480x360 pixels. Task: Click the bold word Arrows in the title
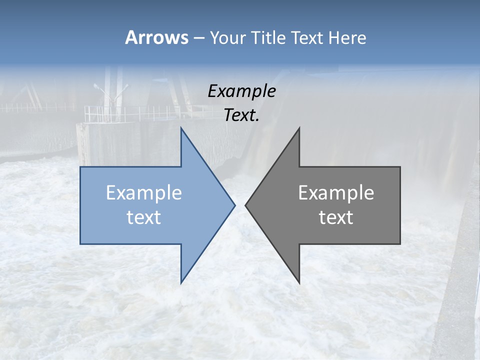point(156,37)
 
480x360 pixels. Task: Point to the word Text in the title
point(307,38)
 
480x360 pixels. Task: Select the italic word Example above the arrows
point(241,91)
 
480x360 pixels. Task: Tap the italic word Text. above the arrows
point(241,115)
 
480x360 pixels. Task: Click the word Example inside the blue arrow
point(144,193)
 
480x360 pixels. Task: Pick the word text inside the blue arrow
point(144,217)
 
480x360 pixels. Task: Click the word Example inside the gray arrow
point(336,193)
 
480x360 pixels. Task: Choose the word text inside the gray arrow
point(336,217)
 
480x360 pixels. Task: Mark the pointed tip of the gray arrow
point(245,205)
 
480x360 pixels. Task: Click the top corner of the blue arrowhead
point(181,128)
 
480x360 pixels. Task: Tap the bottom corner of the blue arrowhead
point(181,282)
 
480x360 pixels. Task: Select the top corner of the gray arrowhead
point(299,128)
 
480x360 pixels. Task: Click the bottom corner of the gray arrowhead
point(299,282)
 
